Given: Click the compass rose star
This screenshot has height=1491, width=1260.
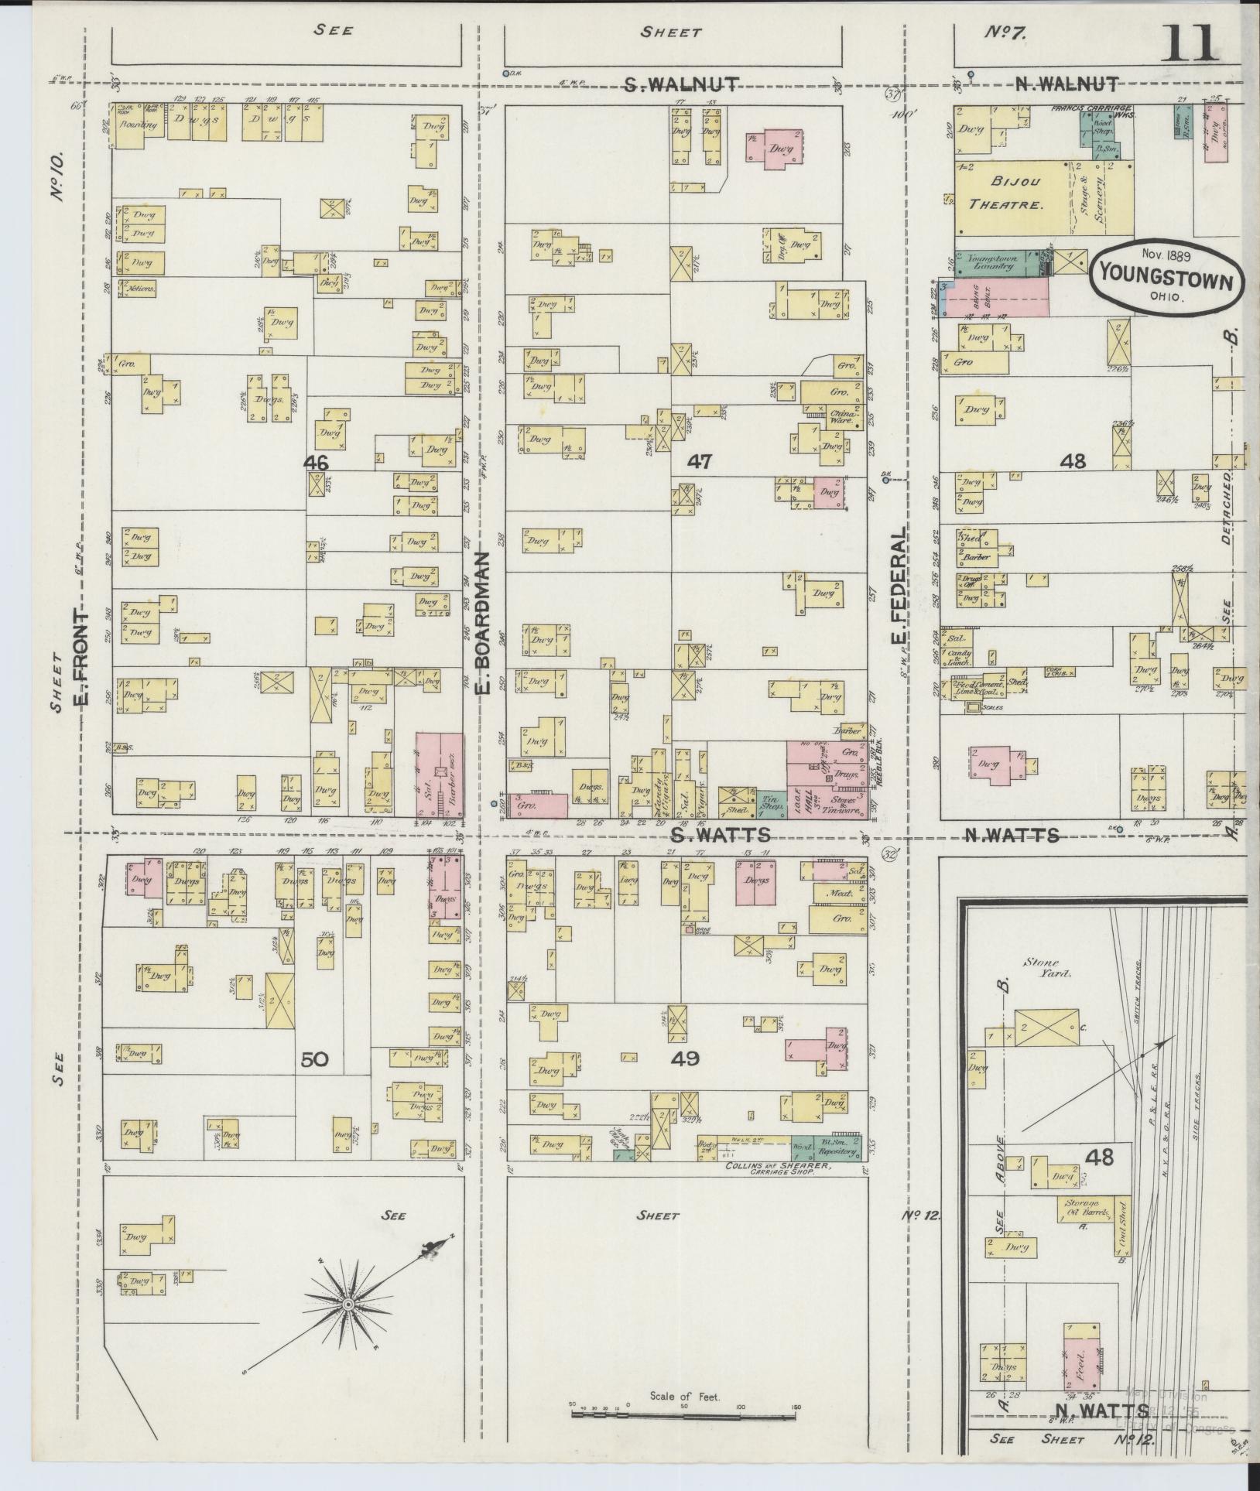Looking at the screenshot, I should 348,1305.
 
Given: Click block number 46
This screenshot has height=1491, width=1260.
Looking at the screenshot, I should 317,463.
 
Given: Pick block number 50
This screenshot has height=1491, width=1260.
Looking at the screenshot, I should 315,1060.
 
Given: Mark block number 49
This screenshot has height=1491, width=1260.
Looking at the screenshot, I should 686,1058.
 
